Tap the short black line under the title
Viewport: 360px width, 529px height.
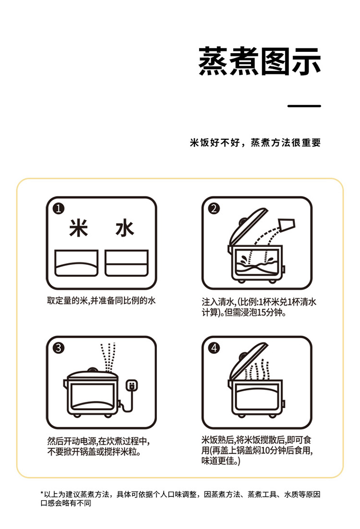pyautogui.click(x=304, y=106)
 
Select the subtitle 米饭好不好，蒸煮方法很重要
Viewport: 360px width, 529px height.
pyautogui.click(x=255, y=143)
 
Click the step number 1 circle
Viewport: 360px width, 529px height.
pyautogui.click(x=59, y=208)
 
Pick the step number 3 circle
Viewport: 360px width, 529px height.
pyautogui.click(x=59, y=348)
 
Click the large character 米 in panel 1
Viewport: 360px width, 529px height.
pyautogui.click(x=79, y=228)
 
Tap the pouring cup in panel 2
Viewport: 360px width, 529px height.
pyautogui.click(x=288, y=224)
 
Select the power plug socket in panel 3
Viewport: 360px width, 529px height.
pyautogui.click(x=131, y=386)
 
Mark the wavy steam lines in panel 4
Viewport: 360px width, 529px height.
pyautogui.click(x=256, y=372)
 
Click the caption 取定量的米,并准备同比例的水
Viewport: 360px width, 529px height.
pyautogui.click(x=101, y=301)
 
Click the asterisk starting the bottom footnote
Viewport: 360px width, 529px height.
pyautogui.click(x=42, y=494)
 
